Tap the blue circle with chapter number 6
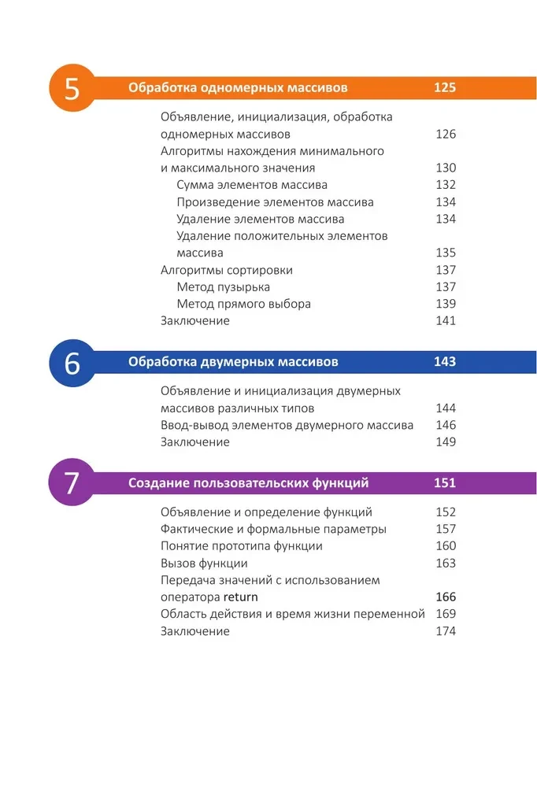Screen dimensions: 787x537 [72, 364]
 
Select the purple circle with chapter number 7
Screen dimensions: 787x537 [72, 482]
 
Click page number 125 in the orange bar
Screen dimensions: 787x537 [445, 88]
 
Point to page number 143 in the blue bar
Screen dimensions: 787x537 [445, 362]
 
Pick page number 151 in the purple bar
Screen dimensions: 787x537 [445, 482]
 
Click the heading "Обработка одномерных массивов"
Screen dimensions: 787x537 [238, 88]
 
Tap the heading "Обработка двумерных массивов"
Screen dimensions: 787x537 [233, 362]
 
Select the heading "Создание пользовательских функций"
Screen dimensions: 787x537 [249, 482]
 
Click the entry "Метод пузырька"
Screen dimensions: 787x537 [224, 287]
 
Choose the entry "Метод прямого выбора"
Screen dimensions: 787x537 [244, 304]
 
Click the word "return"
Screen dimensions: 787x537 [241, 597]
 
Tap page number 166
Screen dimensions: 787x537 [446, 597]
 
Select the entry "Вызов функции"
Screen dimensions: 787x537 [204, 563]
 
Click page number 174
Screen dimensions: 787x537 [446, 631]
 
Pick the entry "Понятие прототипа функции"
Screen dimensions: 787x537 [242, 546]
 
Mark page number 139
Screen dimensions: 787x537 [446, 304]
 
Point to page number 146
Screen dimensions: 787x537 [446, 426]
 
